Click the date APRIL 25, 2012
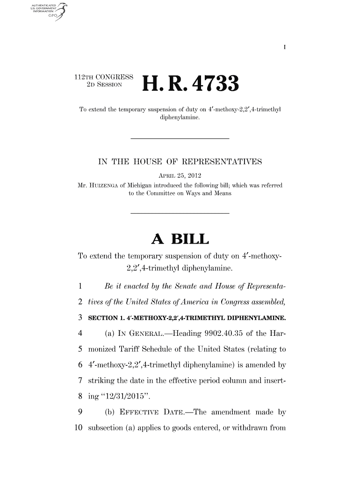click(x=180, y=175)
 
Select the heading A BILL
click(x=180, y=240)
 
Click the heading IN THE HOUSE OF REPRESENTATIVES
click(x=180, y=163)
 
